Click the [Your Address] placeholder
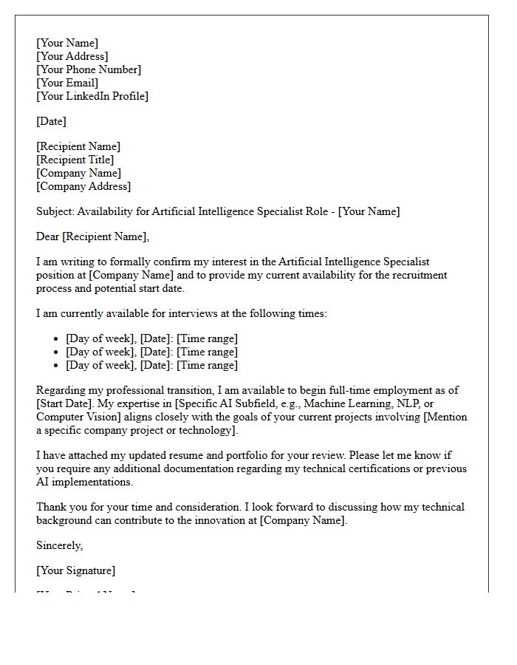click(72, 56)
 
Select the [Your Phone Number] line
click(89, 69)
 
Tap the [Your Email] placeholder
click(67, 83)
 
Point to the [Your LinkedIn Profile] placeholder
click(92, 96)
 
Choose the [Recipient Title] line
click(75, 160)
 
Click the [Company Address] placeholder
click(83, 186)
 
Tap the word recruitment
click(419, 275)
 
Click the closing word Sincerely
click(60, 545)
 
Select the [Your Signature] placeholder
click(76, 570)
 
